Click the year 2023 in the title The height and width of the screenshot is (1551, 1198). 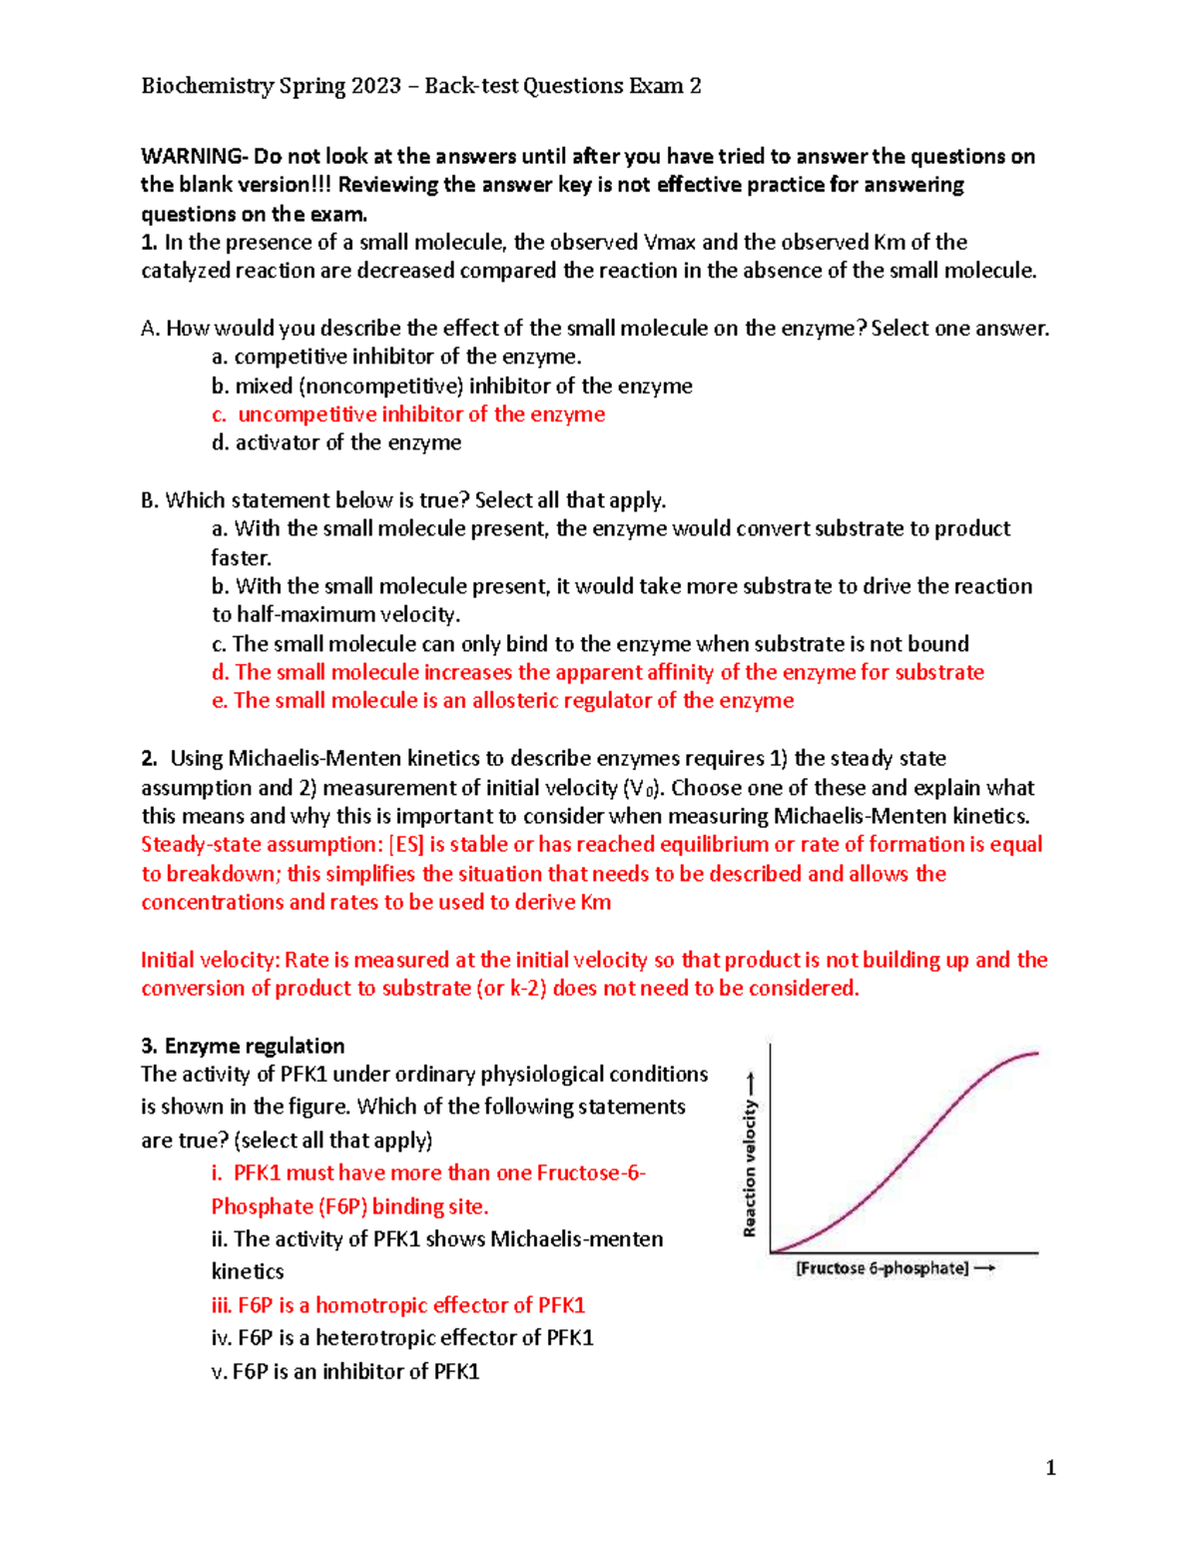tap(376, 86)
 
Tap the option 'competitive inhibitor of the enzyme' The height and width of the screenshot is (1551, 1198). tap(407, 357)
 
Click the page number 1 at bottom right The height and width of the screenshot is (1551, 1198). tap(1050, 1467)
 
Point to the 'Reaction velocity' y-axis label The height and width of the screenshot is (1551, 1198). tap(750, 1168)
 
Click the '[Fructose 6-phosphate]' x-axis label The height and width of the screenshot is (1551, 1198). tap(882, 1268)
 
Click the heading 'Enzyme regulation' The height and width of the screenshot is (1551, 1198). tap(255, 1046)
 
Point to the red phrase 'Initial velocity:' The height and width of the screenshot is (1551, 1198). tap(210, 960)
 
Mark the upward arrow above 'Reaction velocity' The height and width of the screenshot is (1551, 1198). tap(751, 1083)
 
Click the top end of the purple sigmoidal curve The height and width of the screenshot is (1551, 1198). tap(1035, 1054)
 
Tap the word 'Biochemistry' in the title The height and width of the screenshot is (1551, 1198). tap(207, 86)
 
